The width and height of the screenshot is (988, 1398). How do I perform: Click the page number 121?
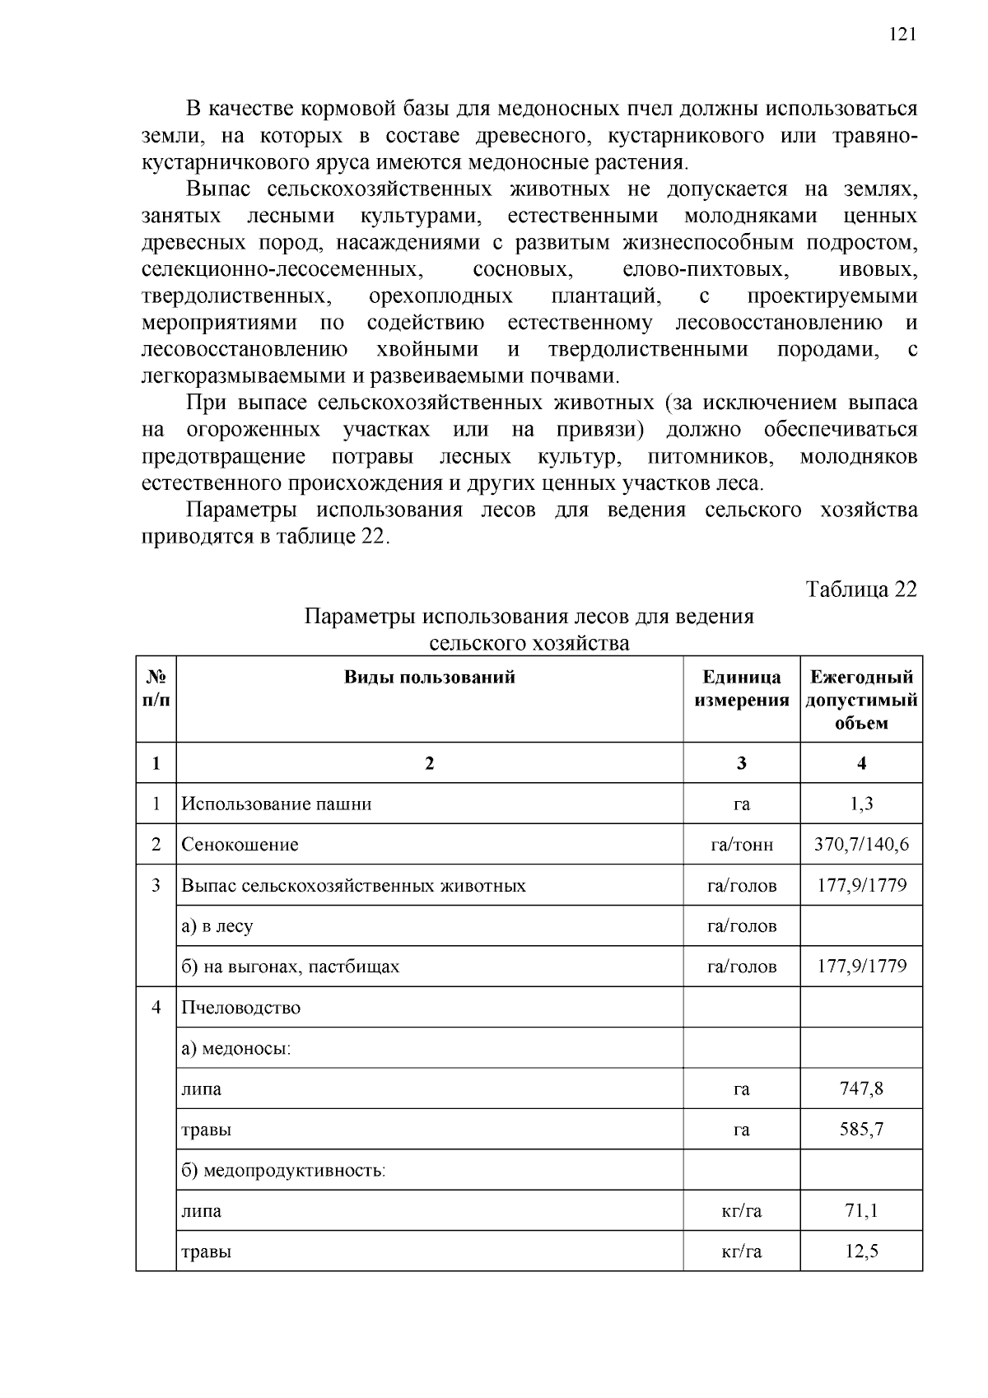902,34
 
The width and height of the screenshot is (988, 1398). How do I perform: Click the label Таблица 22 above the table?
860,589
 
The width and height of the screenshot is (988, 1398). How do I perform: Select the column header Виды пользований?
429,677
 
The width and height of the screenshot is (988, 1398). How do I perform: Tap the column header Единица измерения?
741,688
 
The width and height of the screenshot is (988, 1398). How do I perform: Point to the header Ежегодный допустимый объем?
861,700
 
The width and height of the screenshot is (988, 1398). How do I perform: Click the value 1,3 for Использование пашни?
861,804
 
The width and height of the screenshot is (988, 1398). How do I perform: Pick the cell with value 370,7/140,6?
861,844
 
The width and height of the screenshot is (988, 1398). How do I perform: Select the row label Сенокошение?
240,845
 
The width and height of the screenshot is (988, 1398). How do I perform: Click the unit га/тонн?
741,845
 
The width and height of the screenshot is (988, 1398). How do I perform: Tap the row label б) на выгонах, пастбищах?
290,967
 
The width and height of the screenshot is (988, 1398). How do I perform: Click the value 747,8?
861,1088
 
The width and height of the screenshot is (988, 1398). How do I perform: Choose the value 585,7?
861,1129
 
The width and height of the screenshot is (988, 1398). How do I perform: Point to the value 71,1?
861,1210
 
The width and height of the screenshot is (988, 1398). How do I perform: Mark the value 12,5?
861,1251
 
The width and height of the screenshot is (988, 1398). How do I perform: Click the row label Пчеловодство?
240,1008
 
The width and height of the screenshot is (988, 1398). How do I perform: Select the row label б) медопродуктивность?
283,1170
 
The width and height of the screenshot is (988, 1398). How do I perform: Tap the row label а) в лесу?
217,926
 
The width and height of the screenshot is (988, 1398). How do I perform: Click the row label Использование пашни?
276,804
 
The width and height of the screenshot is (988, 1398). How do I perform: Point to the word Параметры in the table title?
359,617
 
